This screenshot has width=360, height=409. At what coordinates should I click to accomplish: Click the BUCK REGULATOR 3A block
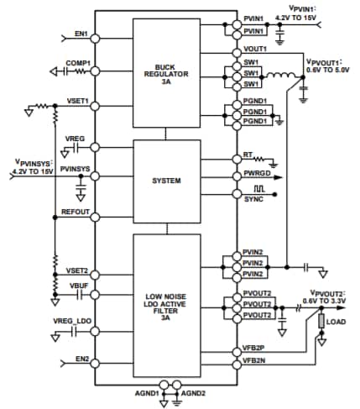(x=167, y=72)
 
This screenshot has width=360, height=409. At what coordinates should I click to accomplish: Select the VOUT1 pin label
(x=253, y=49)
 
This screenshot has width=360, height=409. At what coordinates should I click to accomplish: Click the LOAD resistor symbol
(x=321, y=322)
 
